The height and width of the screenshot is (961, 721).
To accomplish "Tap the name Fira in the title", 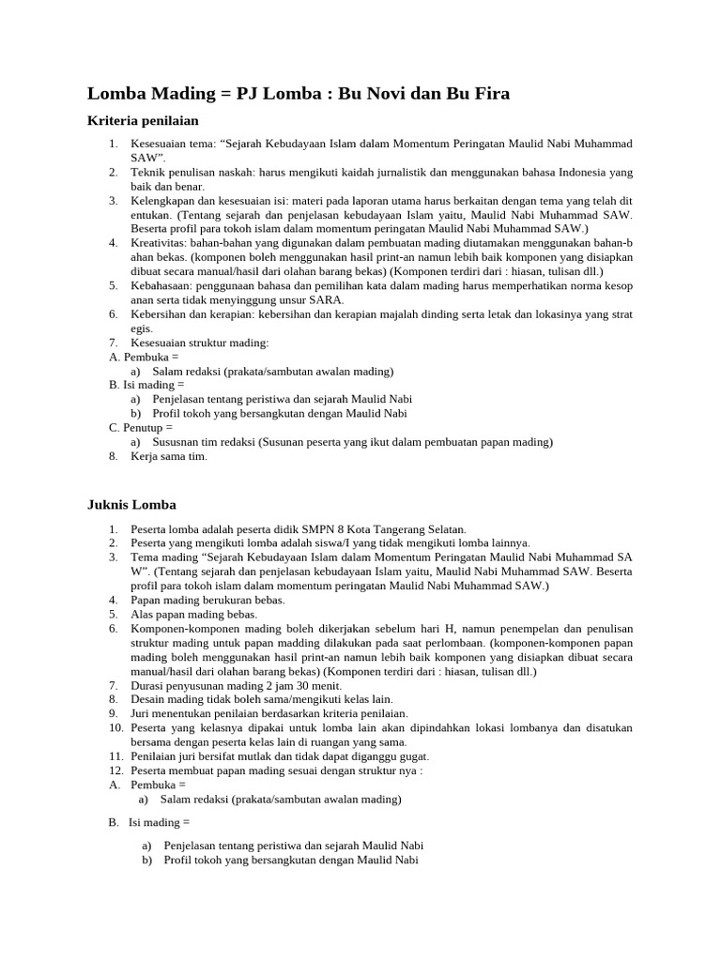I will click(x=486, y=94).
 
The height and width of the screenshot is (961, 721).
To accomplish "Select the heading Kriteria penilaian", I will click(x=143, y=121).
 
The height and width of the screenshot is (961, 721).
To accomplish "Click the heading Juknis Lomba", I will click(x=131, y=504).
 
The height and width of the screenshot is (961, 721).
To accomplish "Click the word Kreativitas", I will click(x=159, y=243).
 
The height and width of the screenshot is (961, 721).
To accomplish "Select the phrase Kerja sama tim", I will click(x=168, y=456).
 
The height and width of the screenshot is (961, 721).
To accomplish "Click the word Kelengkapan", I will click(x=164, y=201).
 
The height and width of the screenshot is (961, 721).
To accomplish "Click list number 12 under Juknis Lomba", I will click(x=115, y=770).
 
